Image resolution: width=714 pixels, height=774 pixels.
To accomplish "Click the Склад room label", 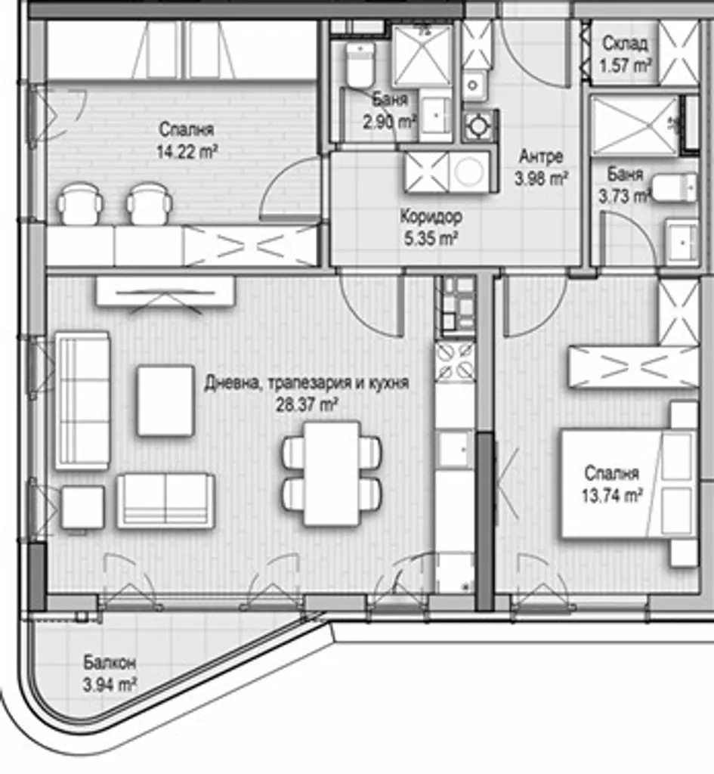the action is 625,44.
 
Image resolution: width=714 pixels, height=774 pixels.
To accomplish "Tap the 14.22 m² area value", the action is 187,151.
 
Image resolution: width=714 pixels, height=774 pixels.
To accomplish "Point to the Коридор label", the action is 431,216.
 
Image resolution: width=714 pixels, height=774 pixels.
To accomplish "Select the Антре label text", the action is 541,156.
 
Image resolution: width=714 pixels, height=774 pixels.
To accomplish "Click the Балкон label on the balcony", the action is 110,662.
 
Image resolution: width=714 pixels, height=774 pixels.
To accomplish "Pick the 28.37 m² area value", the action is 307,405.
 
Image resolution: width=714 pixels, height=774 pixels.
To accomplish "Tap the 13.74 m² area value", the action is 612,495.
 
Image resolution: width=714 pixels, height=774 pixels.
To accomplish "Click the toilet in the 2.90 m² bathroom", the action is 360,64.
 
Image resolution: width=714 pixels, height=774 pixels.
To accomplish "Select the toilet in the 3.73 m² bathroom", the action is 675,187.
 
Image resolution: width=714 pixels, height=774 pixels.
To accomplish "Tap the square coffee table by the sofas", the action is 165,401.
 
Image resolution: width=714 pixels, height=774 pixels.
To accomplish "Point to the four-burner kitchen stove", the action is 455,362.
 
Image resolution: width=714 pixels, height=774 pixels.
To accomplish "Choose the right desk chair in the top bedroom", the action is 150,203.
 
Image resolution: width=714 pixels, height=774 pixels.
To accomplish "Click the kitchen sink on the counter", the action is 455,448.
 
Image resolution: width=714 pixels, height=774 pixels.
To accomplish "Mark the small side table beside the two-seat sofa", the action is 82,507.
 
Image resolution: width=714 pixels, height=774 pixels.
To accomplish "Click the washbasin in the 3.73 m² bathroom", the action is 682,242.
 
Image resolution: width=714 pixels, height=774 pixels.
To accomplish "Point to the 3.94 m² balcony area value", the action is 110,685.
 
